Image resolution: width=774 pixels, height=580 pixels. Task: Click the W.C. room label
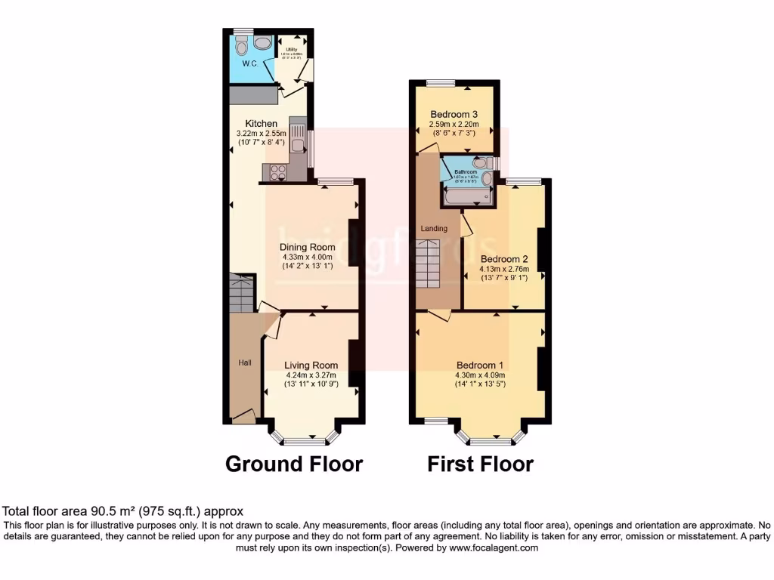(251, 64)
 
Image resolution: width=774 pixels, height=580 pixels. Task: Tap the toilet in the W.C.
(242, 47)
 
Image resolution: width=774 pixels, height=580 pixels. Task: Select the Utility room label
(291, 51)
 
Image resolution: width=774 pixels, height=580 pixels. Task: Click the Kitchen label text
(261, 123)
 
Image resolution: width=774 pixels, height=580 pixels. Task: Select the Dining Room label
(307, 247)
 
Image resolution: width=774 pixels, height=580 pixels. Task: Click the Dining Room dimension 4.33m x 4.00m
(307, 257)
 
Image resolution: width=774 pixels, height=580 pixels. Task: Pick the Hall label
(245, 363)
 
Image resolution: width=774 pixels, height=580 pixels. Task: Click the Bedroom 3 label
(454, 114)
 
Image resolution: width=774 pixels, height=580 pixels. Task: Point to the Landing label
(435, 228)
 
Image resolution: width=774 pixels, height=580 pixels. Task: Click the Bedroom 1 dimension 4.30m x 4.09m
(480, 375)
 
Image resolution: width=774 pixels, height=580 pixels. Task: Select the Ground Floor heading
(294, 464)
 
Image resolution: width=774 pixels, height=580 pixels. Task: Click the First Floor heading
(480, 464)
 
